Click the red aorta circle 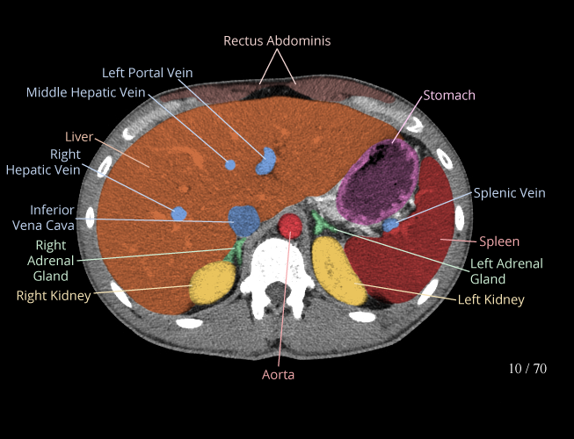click(290, 226)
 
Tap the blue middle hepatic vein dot click(230, 165)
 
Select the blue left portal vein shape click(266, 162)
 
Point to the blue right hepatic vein click(179, 213)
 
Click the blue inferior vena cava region click(244, 220)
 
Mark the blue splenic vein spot click(390, 225)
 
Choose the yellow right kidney click(213, 283)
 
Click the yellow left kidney click(338, 270)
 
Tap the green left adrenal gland click(321, 223)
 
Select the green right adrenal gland click(234, 251)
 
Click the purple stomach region click(378, 182)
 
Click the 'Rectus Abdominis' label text click(277, 41)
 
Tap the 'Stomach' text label click(449, 96)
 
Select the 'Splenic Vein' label click(509, 193)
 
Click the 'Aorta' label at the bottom click(279, 375)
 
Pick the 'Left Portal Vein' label click(147, 73)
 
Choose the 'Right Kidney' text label click(54, 296)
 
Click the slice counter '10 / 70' click(527, 369)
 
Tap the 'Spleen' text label click(499, 241)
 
